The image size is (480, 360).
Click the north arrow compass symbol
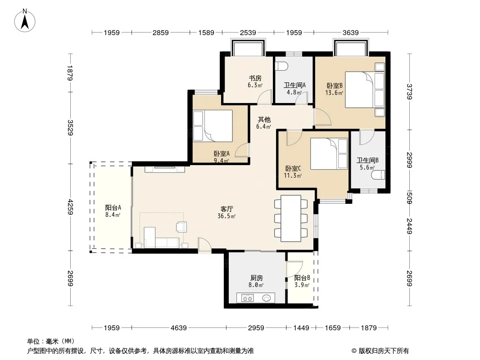(x=25, y=21)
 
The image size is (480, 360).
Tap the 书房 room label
(x=255, y=78)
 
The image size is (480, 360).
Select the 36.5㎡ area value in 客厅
(x=226, y=216)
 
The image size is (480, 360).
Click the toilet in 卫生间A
(x=281, y=66)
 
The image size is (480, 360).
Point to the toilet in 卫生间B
(x=378, y=175)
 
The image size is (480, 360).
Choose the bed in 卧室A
(x=213, y=126)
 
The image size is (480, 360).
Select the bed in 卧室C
(x=329, y=153)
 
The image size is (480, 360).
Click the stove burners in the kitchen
(x=247, y=298)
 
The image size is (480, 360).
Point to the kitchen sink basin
(x=267, y=297)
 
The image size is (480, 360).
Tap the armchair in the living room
(x=181, y=227)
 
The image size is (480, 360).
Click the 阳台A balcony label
(x=113, y=208)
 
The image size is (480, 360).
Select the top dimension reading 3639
(x=350, y=32)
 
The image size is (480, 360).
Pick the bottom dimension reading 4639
(x=178, y=328)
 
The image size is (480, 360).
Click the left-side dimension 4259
(x=70, y=207)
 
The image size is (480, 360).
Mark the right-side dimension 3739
(x=410, y=91)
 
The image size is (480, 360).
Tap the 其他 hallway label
(x=264, y=120)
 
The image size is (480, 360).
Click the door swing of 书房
(x=264, y=97)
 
